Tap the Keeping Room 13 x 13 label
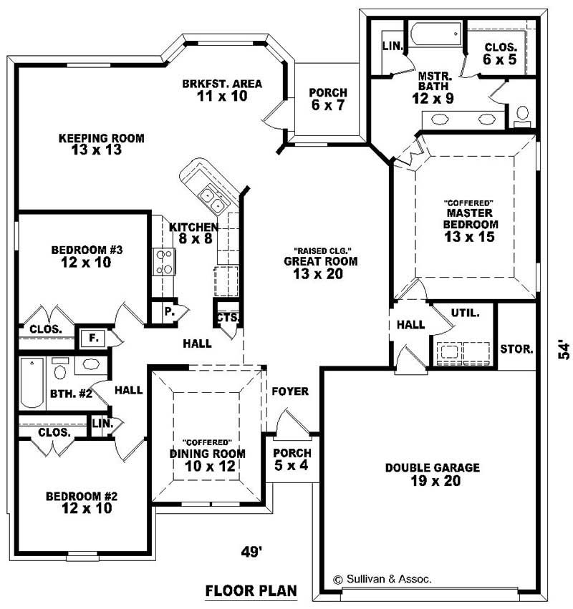[101, 144]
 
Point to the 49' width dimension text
[251, 551]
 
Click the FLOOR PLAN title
[251, 592]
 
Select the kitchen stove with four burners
[164, 261]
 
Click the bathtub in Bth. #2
[32, 383]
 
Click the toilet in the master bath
[522, 115]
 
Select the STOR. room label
[516, 350]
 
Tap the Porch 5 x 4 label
[292, 459]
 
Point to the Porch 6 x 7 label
[327, 99]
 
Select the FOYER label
[290, 391]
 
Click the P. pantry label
[170, 311]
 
